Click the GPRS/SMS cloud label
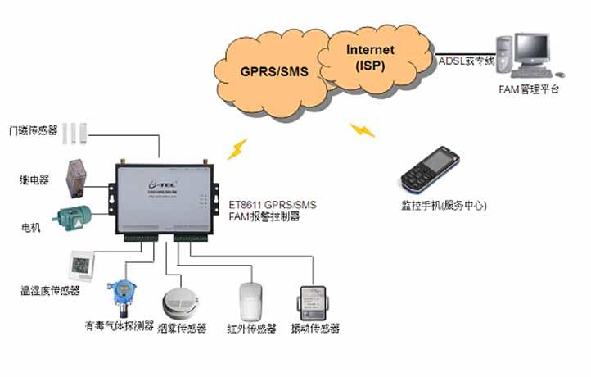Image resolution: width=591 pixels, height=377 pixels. click(x=273, y=72)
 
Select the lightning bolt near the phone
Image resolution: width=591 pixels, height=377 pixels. click(x=362, y=130)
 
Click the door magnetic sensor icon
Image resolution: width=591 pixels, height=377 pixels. click(x=76, y=130)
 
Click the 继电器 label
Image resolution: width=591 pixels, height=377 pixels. click(x=34, y=178)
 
